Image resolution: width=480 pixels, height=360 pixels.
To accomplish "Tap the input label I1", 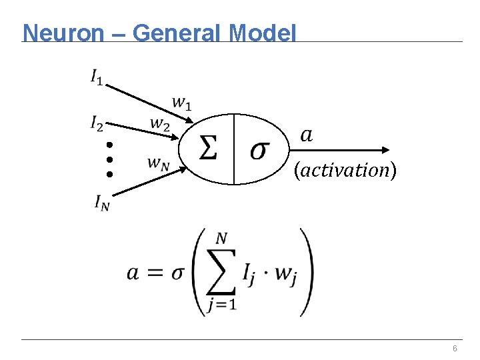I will point(97,77).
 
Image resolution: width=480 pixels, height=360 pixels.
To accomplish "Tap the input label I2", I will point(97,123).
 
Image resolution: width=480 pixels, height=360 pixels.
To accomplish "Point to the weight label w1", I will point(181,102).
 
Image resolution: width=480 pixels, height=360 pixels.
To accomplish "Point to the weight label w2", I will point(159,123).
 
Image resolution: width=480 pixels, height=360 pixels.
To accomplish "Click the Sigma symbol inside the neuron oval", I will point(208,149).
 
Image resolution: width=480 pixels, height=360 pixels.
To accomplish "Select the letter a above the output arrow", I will point(306,135).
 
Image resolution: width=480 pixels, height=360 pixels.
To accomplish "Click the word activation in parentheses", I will point(345,171).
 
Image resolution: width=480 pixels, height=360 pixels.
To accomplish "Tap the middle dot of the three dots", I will point(110,159).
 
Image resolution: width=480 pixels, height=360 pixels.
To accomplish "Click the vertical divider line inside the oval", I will point(234,149).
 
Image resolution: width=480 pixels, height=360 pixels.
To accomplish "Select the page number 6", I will point(454,349).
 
